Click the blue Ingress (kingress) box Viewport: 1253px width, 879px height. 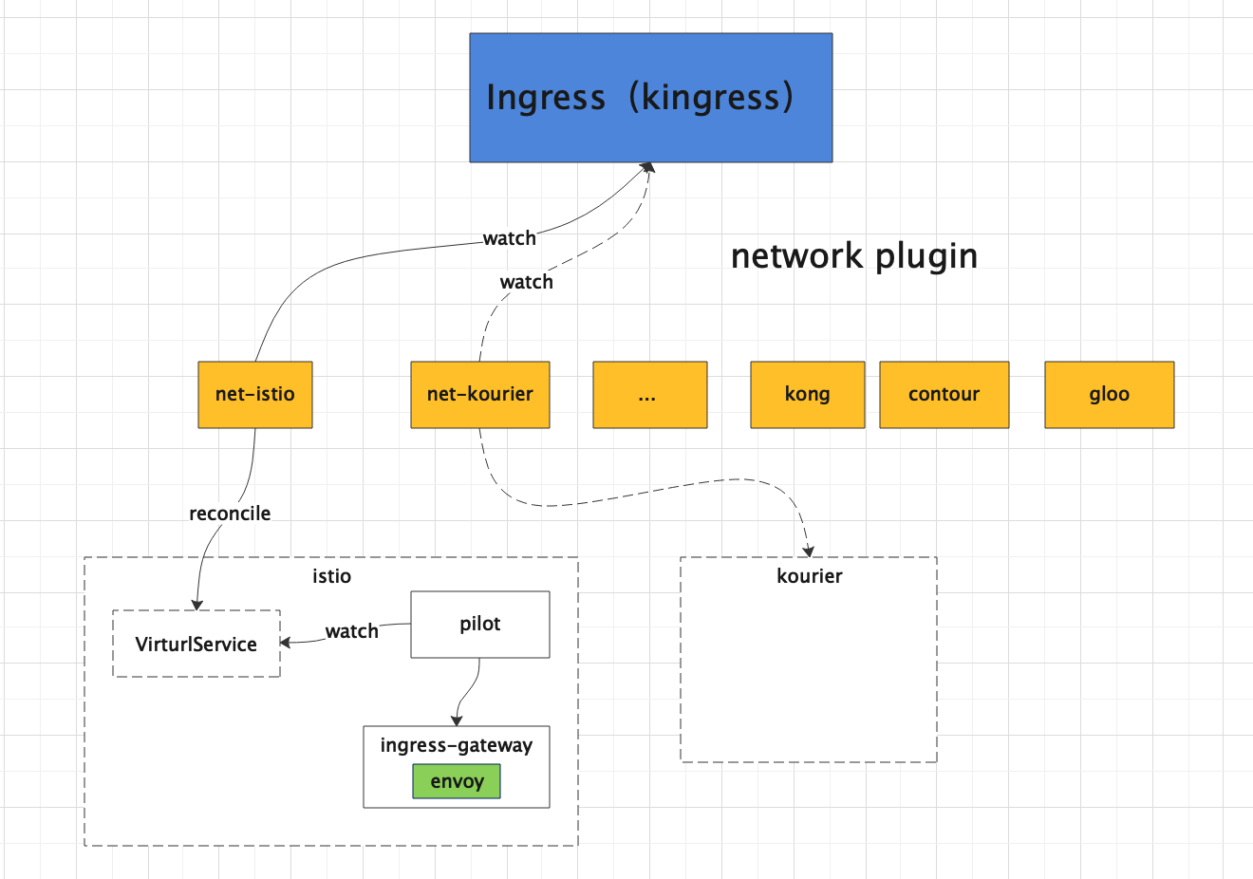point(650,98)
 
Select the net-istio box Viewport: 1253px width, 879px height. point(255,395)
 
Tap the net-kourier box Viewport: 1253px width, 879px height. point(480,395)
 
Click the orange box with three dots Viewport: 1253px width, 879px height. point(650,395)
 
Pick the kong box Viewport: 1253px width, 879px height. point(807,395)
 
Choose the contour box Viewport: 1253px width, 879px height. point(944,395)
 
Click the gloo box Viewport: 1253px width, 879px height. point(1110,395)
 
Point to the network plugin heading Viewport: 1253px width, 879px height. point(854,257)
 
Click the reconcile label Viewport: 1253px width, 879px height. point(230,514)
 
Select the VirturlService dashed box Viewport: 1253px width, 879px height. point(196,644)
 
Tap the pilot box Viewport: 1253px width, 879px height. point(480,625)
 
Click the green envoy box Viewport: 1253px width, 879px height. point(457,781)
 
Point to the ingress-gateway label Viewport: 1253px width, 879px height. point(457,745)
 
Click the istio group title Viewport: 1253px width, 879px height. point(331,576)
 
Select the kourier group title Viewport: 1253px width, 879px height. point(810,576)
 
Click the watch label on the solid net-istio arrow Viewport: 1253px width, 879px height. point(510,238)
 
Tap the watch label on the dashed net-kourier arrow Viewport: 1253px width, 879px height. point(527,282)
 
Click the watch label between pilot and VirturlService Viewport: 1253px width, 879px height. point(352,631)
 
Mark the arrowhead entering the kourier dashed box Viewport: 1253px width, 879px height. point(809,552)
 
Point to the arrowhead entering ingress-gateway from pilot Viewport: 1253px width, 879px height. point(457,720)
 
